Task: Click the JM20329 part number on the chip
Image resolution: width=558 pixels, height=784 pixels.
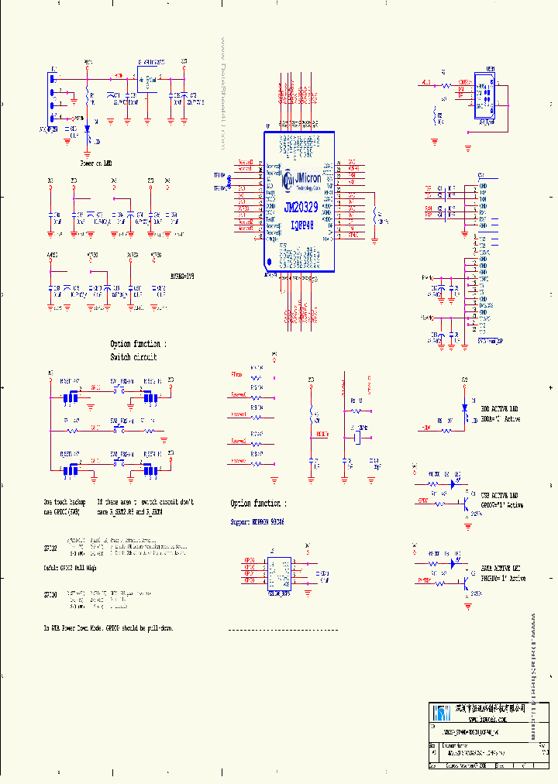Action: (x=301, y=208)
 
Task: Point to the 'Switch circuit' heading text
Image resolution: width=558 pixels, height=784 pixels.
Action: (x=133, y=357)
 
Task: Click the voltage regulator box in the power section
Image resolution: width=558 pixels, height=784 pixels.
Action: (x=146, y=79)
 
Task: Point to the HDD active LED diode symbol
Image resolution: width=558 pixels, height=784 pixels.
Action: (x=464, y=407)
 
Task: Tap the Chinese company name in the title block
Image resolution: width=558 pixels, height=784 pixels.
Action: (x=490, y=708)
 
